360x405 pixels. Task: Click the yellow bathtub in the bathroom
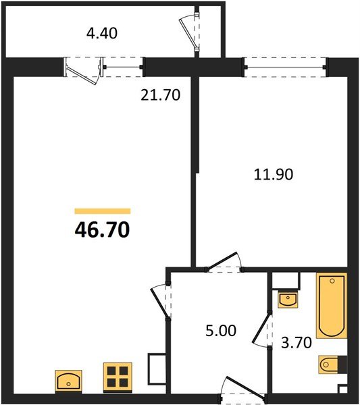coord(331,305)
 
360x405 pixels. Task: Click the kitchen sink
coord(68,381)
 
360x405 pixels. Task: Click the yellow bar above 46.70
coord(102,211)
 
